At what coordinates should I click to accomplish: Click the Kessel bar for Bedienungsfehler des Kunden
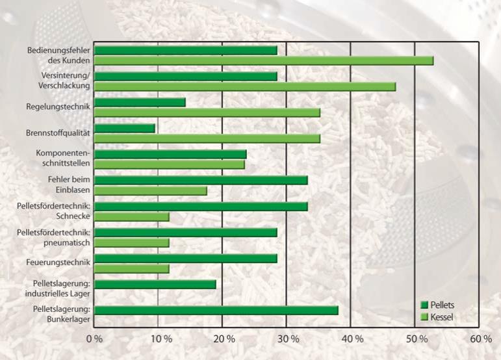coord(264,60)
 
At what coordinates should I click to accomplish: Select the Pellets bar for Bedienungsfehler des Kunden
coord(186,50)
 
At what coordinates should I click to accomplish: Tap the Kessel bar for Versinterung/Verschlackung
coord(245,86)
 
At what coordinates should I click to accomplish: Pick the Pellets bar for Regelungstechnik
coord(140,102)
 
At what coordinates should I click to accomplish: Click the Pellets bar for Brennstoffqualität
coord(125,128)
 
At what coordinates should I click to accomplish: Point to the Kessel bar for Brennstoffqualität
coord(207,138)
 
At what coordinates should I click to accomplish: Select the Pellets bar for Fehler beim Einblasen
coord(201,180)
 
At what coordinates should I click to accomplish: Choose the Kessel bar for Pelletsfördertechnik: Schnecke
coord(132,216)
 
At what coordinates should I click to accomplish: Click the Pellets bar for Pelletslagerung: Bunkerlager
coord(216,310)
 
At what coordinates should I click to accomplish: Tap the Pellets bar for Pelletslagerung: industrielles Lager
coord(155,284)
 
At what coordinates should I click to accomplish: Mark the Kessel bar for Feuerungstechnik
coord(132,268)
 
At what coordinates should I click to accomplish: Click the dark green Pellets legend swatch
coord(425,305)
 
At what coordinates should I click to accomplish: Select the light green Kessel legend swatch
coord(425,317)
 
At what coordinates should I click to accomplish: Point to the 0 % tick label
coord(95,339)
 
